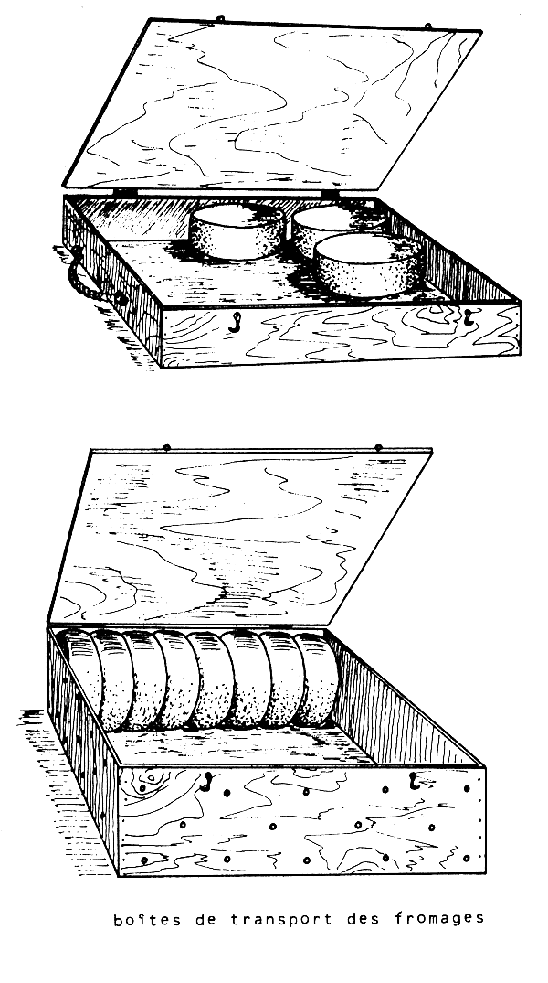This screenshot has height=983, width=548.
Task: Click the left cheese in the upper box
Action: click(237, 230)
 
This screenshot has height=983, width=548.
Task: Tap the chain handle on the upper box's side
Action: click(88, 276)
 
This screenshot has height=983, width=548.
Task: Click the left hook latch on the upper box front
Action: click(236, 322)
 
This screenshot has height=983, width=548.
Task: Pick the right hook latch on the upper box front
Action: click(467, 316)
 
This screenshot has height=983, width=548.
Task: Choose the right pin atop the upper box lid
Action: click(428, 27)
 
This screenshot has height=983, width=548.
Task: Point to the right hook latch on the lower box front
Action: click(414, 781)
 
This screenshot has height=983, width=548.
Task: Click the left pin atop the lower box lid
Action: click(166, 447)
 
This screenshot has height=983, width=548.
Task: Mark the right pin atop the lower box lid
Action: click(378, 448)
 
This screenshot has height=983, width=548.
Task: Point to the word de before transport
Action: click(205, 919)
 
